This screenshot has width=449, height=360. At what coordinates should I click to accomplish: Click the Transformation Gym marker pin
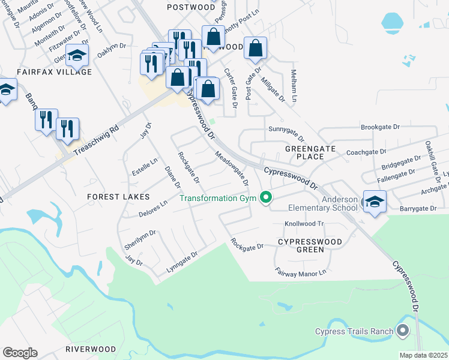click(x=265, y=197)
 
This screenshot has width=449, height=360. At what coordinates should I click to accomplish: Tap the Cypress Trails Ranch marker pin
click(x=403, y=331)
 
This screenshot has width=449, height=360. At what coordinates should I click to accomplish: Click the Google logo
click(x=20, y=353)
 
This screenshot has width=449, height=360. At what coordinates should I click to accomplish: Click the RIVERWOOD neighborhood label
click(x=91, y=349)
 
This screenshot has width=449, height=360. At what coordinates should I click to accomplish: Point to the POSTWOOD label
click(x=190, y=7)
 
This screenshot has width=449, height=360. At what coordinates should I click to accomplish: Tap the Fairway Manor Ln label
click(x=300, y=272)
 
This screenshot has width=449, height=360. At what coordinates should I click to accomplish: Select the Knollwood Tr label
click(x=304, y=223)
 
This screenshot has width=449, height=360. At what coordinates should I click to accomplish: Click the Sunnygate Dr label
click(x=286, y=133)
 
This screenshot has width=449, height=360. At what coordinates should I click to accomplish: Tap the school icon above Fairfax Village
click(x=77, y=56)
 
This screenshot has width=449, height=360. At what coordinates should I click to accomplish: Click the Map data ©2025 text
click(x=423, y=355)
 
